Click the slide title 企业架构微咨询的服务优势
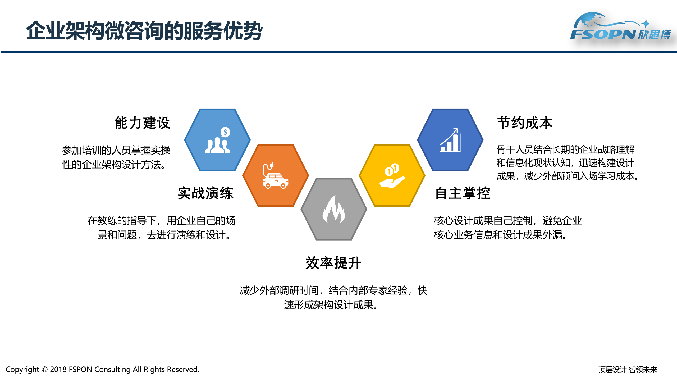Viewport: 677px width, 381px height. (x=144, y=31)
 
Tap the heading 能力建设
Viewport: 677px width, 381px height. (x=142, y=123)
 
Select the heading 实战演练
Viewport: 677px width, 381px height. (x=205, y=193)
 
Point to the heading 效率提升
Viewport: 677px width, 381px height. (x=333, y=263)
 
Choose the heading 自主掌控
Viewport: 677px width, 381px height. (x=463, y=193)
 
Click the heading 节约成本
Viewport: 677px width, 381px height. (x=525, y=123)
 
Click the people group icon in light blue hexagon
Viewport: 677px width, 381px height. (x=217, y=146)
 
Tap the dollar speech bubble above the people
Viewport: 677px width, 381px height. (x=225, y=132)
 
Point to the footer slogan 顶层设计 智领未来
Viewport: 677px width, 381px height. (x=628, y=370)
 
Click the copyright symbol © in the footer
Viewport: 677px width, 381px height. (x=44, y=369)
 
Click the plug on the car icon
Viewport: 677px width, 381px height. (x=271, y=166)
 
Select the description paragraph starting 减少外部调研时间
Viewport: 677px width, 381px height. (x=333, y=298)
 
